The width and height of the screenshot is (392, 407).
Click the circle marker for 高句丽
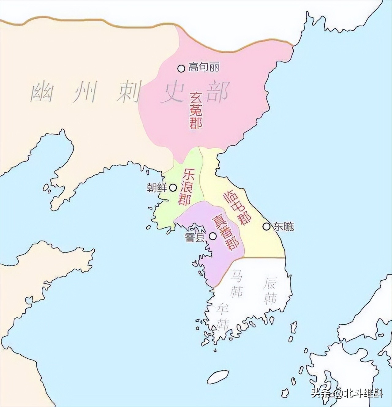click(181, 68)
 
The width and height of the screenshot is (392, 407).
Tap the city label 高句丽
click(204, 67)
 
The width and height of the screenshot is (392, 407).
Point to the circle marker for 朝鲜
click(173, 187)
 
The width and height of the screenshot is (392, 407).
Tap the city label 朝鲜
click(157, 187)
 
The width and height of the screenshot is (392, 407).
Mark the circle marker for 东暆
click(266, 226)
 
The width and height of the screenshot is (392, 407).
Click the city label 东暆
click(284, 226)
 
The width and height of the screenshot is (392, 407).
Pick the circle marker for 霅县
click(213, 236)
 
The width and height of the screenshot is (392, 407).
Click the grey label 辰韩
click(270, 291)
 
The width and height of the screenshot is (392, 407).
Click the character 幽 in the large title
click(41, 92)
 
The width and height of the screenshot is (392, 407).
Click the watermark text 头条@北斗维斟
click(348, 393)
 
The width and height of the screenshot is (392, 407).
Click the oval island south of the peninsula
click(218, 376)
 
